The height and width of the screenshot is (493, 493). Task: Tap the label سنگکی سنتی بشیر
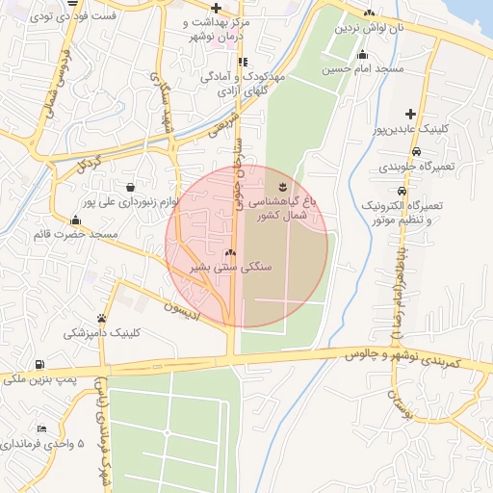pos(229,266)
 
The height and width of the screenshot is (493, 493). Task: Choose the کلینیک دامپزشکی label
pos(101,333)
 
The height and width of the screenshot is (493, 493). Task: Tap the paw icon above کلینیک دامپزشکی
pos(101,318)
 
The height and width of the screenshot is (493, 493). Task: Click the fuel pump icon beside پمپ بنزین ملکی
pos(39,364)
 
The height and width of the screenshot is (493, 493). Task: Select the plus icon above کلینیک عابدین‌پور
pos(410,114)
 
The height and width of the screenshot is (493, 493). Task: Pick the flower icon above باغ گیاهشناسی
pos(281,186)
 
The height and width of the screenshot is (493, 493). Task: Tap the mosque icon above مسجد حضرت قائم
pos(75,220)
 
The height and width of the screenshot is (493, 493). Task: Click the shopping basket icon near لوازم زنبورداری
pos(129,186)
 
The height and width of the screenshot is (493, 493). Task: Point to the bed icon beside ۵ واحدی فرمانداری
pos(40,428)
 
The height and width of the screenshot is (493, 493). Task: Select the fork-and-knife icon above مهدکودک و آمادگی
pos(229,62)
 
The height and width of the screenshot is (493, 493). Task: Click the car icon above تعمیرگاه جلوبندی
pos(414,151)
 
